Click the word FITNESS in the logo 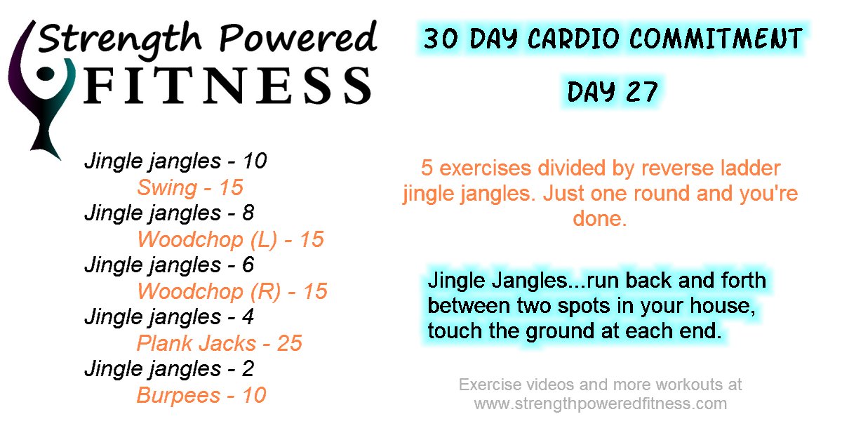[228, 86]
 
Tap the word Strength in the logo [119, 39]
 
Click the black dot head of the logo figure [46, 74]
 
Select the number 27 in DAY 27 [641, 92]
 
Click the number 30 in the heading [441, 39]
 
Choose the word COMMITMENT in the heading [716, 39]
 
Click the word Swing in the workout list [167, 188]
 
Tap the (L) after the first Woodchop [264, 239]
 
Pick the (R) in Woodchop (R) [266, 291]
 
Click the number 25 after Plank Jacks [289, 343]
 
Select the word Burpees [178, 396]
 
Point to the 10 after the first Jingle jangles [255, 161]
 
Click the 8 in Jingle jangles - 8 [248, 213]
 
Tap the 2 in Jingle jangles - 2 [248, 368]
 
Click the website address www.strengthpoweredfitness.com [601, 404]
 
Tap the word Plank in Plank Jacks [164, 343]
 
